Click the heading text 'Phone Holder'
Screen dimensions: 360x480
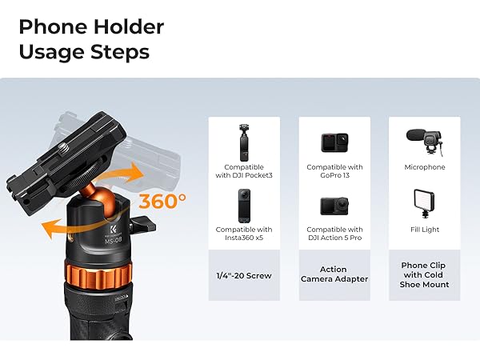[90, 26]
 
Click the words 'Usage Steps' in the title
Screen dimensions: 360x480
[84, 53]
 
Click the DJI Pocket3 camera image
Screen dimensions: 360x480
[244, 142]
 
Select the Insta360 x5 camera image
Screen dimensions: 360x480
[244, 206]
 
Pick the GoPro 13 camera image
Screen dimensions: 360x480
[334, 143]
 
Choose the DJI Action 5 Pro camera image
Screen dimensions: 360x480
[334, 206]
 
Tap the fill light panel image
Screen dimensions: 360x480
[424, 203]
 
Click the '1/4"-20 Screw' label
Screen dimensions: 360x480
[244, 276]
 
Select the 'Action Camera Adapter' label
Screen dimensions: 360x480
[334, 274]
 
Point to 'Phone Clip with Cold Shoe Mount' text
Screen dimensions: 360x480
[424, 274]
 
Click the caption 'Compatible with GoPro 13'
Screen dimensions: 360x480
[334, 171]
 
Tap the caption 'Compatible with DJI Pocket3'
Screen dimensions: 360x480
[244, 171]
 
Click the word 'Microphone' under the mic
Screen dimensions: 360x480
[424, 167]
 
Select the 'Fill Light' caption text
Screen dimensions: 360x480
[424, 230]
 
